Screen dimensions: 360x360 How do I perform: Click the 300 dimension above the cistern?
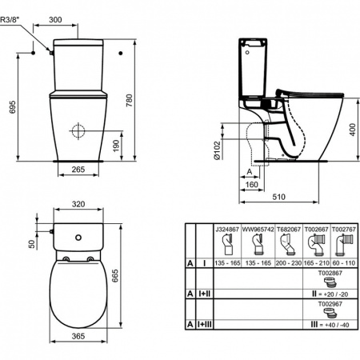click(x=78, y=17)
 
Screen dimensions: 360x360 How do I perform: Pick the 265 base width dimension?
click(x=78, y=169)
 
